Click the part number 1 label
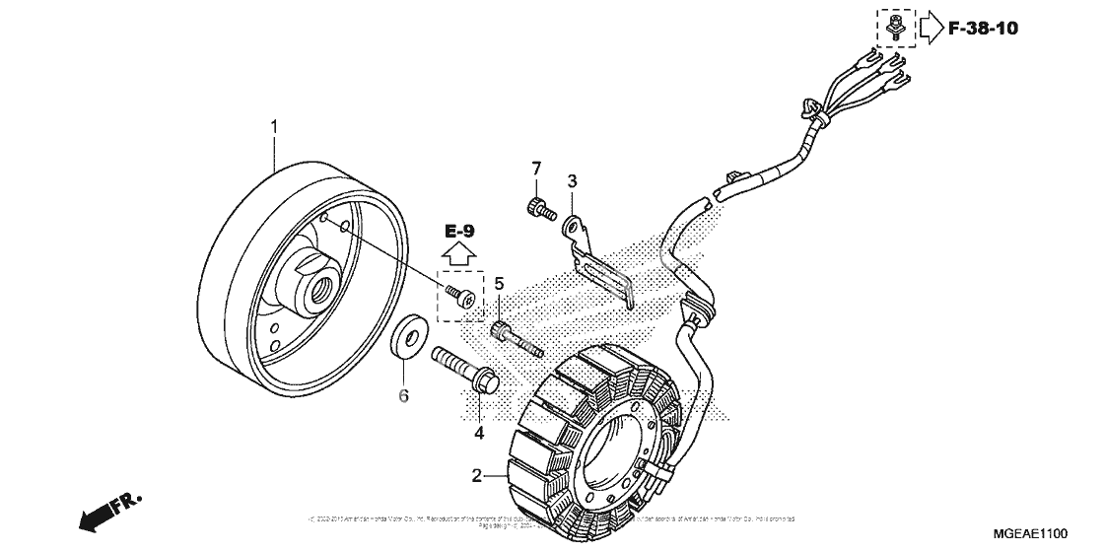[274, 126]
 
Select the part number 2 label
[476, 476]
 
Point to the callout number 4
[479, 433]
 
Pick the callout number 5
[500, 284]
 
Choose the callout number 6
[403, 396]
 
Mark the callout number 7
[537, 167]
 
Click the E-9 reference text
[459, 232]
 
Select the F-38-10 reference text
[984, 28]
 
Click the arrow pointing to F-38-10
[931, 28]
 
